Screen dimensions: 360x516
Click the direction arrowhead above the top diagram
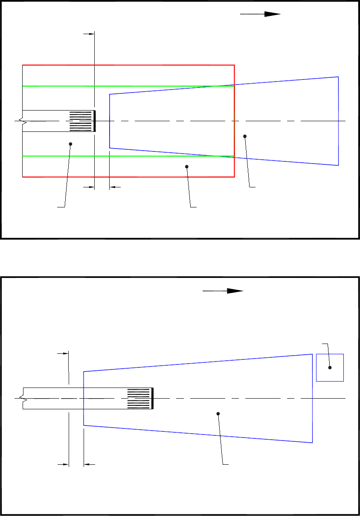tap(273, 14)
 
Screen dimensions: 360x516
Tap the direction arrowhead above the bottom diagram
tap(235, 291)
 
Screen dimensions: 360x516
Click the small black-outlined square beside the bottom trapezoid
tap(330, 367)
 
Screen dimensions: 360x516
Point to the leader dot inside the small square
tap(330, 367)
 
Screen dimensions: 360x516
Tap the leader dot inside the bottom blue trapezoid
tap(218, 414)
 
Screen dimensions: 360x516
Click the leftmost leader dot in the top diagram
tap(71, 144)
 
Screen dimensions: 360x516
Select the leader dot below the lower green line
tap(187, 166)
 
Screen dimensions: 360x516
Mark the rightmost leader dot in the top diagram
tap(245, 136)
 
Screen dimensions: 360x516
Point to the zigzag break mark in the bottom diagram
tap(24, 398)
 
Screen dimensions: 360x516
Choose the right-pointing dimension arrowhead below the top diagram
tap(91, 187)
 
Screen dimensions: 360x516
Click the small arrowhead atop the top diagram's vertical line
tap(91, 34)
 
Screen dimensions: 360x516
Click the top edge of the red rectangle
tap(128, 65)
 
